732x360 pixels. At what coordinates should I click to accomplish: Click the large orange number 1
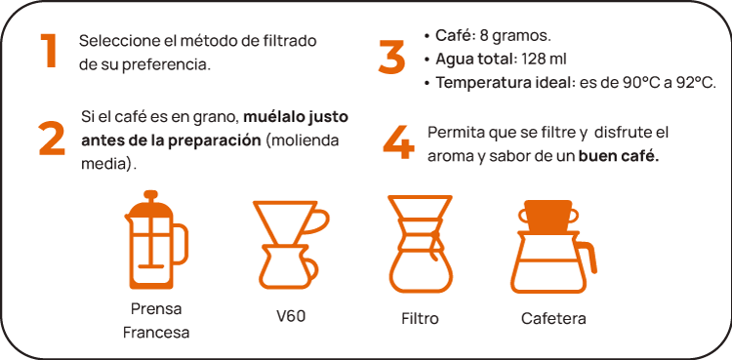coord(50,52)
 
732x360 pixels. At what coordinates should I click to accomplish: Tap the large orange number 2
coord(52,139)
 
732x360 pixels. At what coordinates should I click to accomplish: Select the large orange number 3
coord(391,57)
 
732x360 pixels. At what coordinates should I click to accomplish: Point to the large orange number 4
coord(398,142)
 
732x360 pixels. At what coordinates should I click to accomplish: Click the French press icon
coord(156,240)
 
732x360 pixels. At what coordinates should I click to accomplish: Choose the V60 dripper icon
coord(291,245)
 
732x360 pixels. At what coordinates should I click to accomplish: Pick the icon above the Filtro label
coord(420,244)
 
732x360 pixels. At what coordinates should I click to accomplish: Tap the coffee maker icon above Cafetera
coord(553,247)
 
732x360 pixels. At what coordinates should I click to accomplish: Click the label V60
coord(291,316)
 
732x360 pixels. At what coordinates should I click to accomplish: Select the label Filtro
coord(420,318)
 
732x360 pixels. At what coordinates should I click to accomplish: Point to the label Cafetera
coord(553,318)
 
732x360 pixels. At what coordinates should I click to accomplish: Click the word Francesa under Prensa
coord(156,333)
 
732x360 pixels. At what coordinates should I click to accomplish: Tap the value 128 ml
coord(545,60)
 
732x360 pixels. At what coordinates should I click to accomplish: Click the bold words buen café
coord(619,157)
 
